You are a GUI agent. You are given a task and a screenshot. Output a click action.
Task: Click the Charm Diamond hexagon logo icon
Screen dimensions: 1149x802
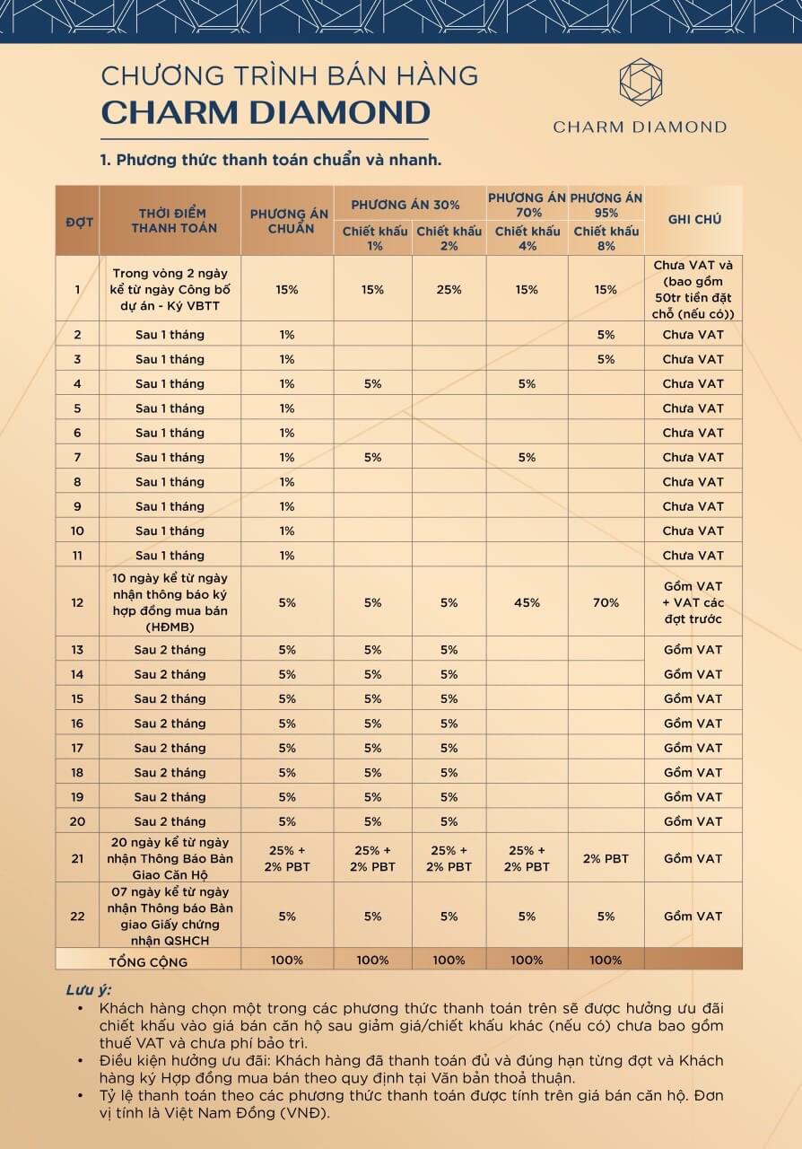pyautogui.click(x=641, y=82)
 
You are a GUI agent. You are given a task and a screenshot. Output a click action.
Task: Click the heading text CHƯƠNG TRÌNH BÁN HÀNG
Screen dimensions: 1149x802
pyautogui.click(x=289, y=75)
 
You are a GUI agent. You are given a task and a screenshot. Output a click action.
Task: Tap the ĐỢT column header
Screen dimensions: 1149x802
pyautogui.click(x=77, y=221)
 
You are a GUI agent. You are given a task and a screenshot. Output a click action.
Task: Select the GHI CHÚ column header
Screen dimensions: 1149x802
pyautogui.click(x=693, y=219)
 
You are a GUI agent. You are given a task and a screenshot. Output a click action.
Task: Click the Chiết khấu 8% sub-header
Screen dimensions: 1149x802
pyautogui.click(x=606, y=238)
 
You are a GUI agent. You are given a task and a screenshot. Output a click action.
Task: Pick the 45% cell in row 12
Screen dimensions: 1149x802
pyautogui.click(x=527, y=602)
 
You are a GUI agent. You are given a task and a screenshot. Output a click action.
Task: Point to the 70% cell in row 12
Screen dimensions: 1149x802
pyautogui.click(x=606, y=602)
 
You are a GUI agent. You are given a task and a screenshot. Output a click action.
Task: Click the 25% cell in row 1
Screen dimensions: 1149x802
pyautogui.click(x=449, y=289)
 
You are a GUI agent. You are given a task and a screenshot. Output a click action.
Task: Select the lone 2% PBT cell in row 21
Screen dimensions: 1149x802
pyautogui.click(x=606, y=858)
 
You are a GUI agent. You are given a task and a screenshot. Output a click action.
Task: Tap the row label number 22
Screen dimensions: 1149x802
pyautogui.click(x=77, y=916)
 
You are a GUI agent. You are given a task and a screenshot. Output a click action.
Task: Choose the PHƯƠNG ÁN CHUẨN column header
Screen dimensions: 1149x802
pyautogui.click(x=287, y=221)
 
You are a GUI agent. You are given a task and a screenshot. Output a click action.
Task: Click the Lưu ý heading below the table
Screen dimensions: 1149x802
pyautogui.click(x=88, y=990)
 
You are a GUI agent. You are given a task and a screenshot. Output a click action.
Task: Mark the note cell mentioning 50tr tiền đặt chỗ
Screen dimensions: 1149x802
pyautogui.click(x=693, y=289)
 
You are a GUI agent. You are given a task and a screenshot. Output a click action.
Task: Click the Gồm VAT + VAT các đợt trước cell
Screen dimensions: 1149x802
pyautogui.click(x=693, y=602)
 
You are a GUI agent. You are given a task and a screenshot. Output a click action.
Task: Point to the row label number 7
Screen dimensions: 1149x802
pyautogui.click(x=77, y=457)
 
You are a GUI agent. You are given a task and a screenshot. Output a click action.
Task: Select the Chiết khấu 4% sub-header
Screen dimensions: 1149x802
pyautogui.click(x=527, y=238)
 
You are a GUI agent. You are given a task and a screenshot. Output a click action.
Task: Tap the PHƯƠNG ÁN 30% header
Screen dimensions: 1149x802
pyautogui.click(x=410, y=205)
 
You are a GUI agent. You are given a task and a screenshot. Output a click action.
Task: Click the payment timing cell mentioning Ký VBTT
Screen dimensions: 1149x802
pyautogui.click(x=170, y=289)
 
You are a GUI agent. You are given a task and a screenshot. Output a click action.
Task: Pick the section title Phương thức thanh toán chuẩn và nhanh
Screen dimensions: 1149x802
pyautogui.click(x=271, y=161)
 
